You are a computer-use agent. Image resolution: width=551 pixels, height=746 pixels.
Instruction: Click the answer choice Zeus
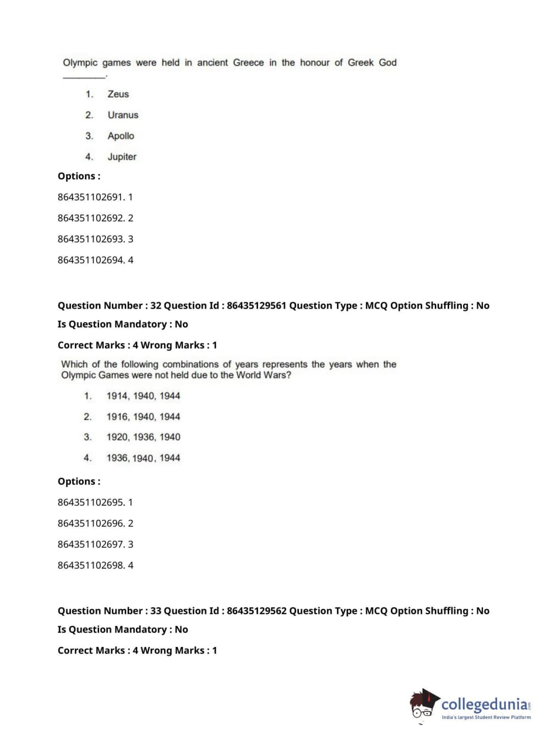118,94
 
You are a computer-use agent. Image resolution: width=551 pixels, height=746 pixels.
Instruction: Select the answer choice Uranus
123,115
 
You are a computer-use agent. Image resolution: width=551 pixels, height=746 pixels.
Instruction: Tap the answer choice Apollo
121,136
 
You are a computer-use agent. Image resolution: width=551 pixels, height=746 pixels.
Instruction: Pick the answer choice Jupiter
122,157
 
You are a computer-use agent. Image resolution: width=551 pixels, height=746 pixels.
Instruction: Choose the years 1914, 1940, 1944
143,396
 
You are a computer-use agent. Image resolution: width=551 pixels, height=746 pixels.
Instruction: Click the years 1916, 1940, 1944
143,416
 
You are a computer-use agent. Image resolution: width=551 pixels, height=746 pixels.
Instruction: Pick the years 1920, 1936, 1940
143,437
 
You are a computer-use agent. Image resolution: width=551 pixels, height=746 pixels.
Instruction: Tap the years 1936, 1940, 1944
143,458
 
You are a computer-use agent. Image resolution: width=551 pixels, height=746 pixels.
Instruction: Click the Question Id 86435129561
257,305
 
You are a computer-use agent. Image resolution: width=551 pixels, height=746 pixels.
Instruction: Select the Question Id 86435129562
257,611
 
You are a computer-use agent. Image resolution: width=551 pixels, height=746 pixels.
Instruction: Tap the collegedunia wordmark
484,704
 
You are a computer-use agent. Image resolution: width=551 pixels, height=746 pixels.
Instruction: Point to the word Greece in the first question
248,63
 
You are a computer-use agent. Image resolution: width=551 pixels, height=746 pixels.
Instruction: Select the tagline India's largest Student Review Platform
486,717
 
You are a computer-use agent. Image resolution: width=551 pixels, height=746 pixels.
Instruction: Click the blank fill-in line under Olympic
84,77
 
